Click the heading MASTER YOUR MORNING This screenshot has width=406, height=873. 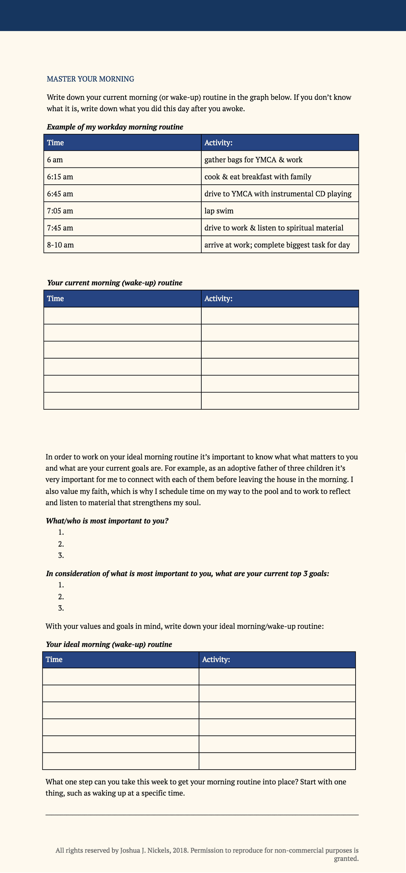(90, 79)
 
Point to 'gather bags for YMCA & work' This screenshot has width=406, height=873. (253, 160)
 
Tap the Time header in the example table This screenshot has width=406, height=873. (55, 143)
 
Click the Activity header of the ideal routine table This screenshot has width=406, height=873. (216, 659)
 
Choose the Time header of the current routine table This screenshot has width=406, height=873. (55, 299)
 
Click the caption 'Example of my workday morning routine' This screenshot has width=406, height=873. (115, 127)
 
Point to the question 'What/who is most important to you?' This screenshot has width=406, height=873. (107, 521)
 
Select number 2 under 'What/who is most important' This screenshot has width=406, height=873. (61, 544)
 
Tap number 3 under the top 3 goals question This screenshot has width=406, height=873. (61, 608)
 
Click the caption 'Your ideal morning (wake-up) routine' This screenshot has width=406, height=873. (109, 644)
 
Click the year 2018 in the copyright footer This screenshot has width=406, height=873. (180, 850)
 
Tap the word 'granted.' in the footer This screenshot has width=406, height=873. (346, 858)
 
